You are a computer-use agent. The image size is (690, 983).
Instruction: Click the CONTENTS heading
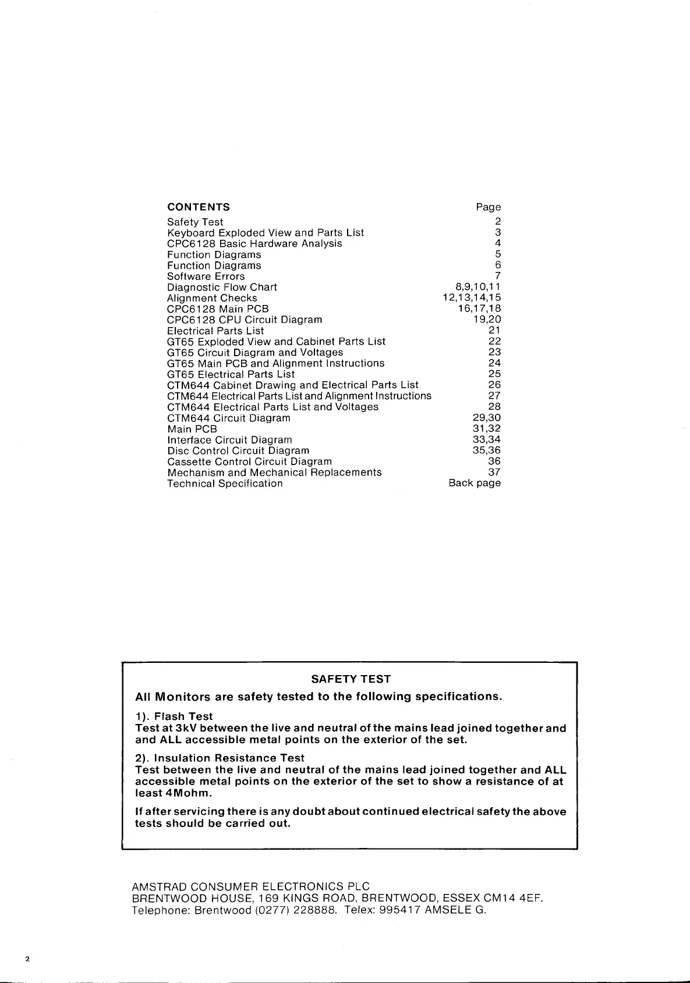[x=198, y=207]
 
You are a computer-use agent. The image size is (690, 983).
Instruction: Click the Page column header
[x=488, y=207]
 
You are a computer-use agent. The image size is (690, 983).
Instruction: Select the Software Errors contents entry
[x=206, y=276]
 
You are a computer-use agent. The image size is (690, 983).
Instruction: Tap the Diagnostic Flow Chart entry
[x=222, y=288]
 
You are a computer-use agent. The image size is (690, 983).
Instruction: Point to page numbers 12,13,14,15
[x=472, y=298]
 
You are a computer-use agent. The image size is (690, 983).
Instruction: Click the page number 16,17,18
[x=479, y=309]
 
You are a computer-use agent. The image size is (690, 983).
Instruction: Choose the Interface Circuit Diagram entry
[x=229, y=440]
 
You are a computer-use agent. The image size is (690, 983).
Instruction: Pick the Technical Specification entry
[x=225, y=484]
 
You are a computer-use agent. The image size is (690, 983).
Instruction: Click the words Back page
[x=475, y=483]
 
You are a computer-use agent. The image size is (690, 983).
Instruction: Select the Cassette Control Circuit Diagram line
[x=249, y=462]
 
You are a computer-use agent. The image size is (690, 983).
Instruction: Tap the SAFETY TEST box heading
[x=351, y=679]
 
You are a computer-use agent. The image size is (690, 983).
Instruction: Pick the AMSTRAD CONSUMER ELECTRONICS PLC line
[x=251, y=887]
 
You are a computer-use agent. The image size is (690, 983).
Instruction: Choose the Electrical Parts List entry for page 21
[x=215, y=331]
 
